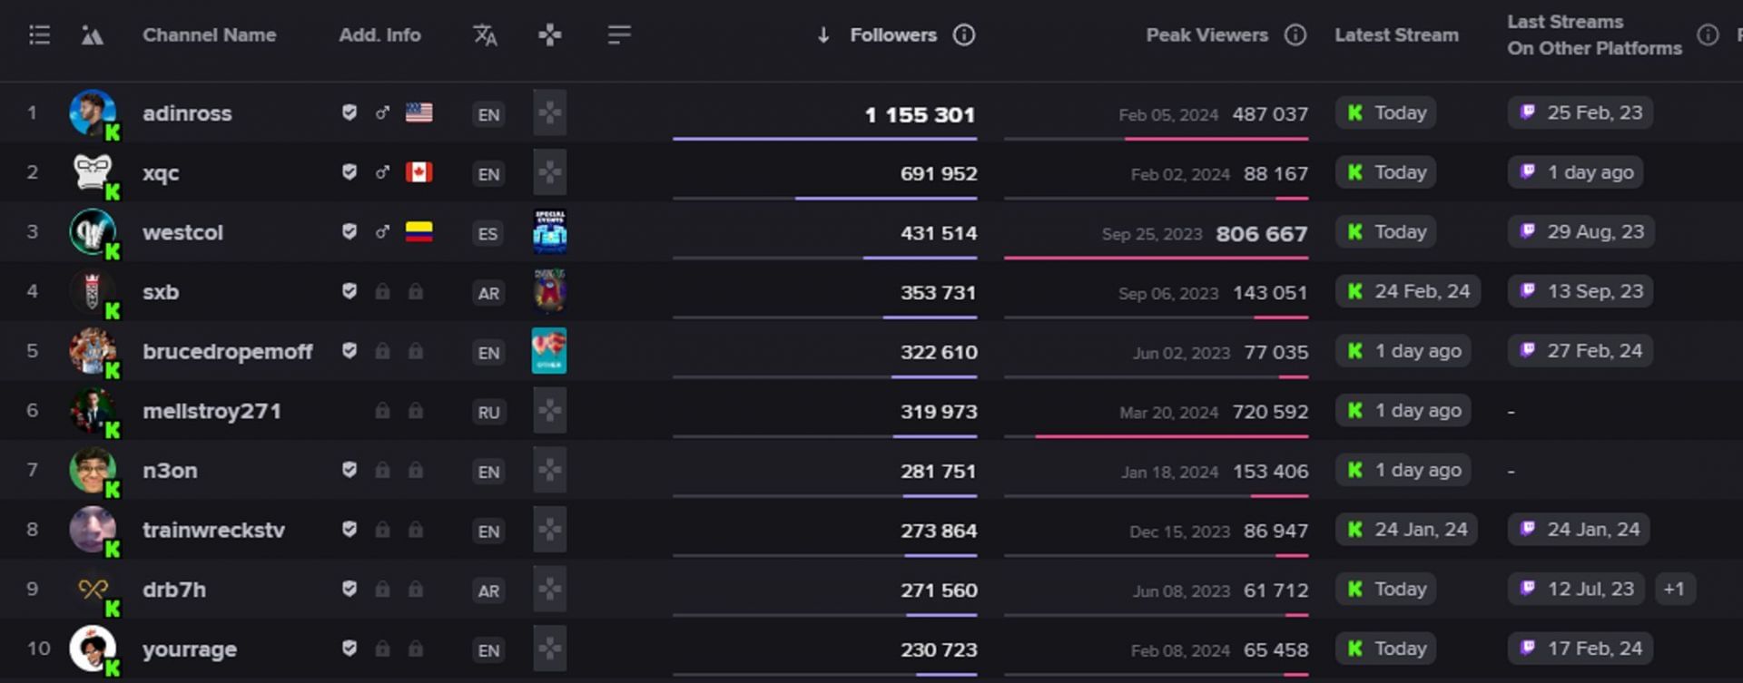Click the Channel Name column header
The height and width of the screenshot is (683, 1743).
[x=209, y=35]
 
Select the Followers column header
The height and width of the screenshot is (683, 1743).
[x=892, y=35]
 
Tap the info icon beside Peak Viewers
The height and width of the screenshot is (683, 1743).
[x=1295, y=35]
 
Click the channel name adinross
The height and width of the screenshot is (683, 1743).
[x=187, y=113]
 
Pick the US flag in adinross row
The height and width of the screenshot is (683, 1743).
[x=419, y=112]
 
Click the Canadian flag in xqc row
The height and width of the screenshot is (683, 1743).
[x=419, y=172]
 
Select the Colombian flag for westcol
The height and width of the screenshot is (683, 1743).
[x=419, y=232]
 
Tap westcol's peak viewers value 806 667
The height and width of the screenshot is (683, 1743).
[x=1261, y=234]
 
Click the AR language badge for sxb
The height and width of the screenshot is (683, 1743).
[x=488, y=293]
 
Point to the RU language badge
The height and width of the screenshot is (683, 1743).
[x=488, y=413]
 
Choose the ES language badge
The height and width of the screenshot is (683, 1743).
[x=488, y=234]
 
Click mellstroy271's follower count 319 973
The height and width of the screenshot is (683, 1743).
[x=939, y=412]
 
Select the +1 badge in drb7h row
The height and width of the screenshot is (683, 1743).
[x=1673, y=590]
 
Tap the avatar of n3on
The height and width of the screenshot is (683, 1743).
[x=93, y=470]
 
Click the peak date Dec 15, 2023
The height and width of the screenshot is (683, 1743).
[x=1179, y=532]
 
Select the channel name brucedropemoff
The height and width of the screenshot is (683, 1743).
[x=227, y=351]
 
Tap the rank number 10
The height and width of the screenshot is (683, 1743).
[x=38, y=649]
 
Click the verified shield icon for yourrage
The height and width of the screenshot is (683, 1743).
[x=349, y=649]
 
